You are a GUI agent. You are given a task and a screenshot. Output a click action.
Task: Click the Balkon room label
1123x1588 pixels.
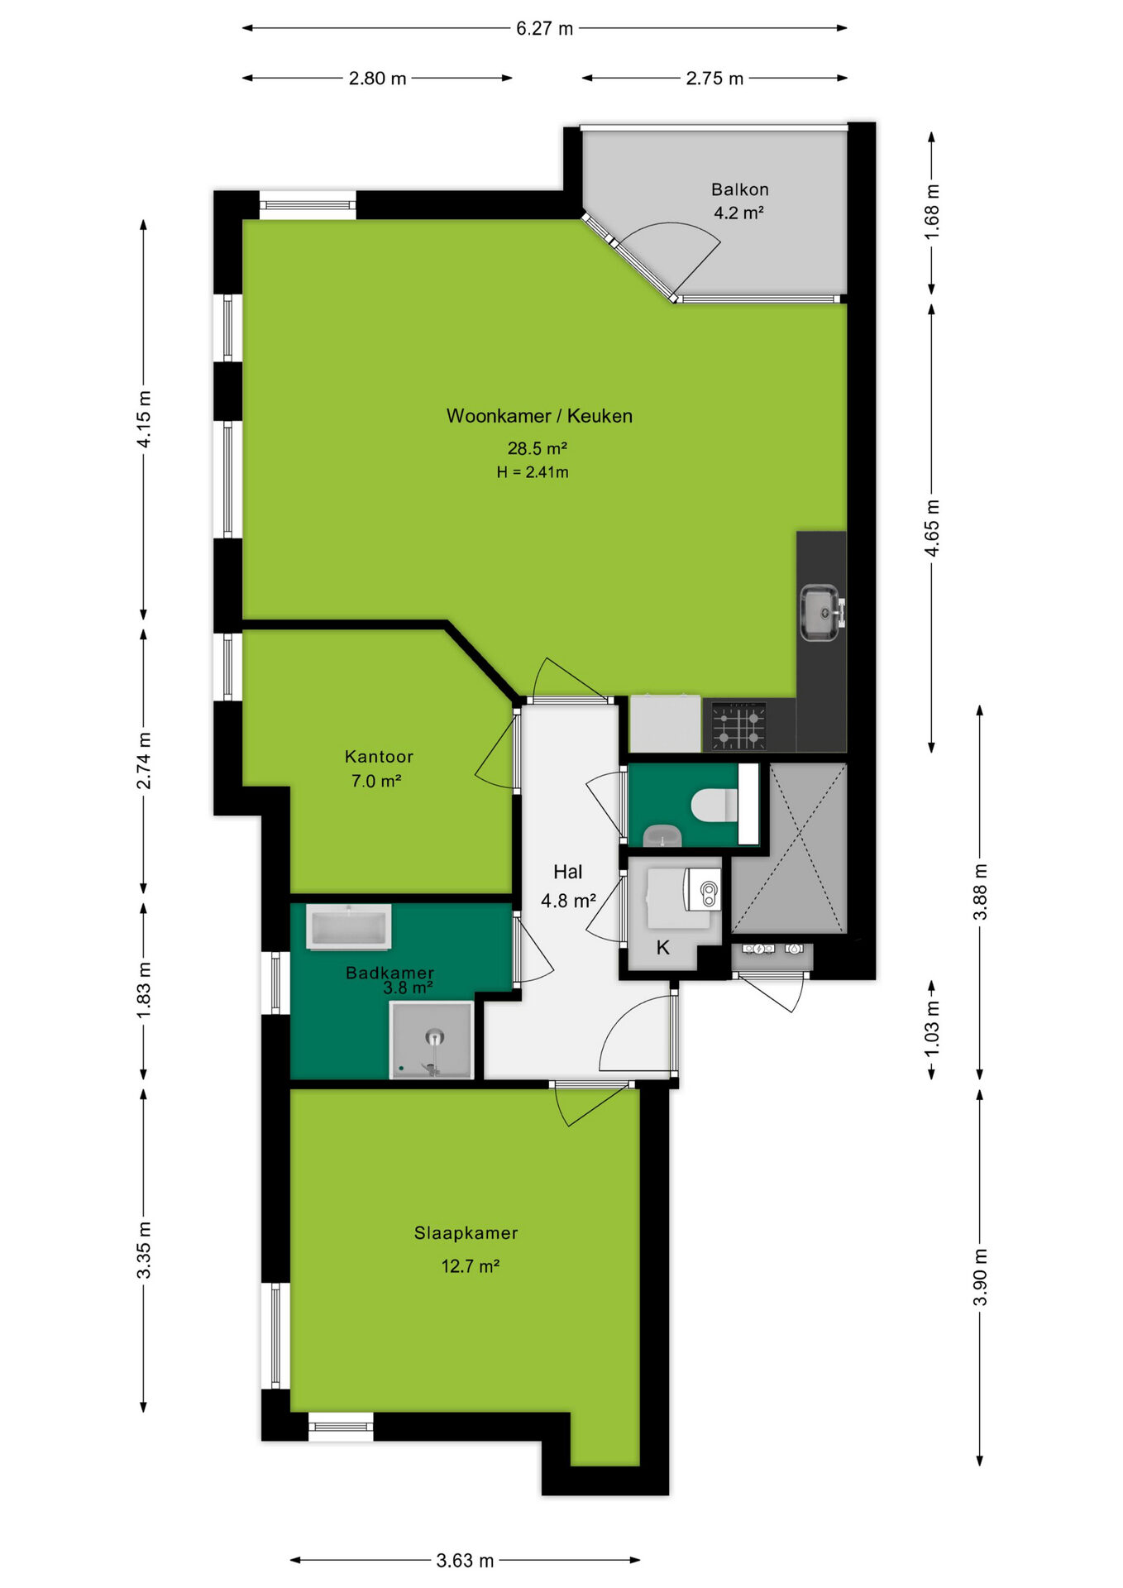[x=739, y=189]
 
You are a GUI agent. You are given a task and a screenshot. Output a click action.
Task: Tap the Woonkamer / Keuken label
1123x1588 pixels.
[x=539, y=416]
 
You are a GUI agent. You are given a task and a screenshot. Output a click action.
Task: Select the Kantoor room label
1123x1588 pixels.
[x=379, y=757]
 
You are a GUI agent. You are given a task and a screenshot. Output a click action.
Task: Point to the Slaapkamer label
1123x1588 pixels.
[x=466, y=1233]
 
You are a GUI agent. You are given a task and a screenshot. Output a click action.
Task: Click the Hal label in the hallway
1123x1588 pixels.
[x=568, y=872]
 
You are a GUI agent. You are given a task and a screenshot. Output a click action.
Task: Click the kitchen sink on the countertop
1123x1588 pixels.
[x=821, y=612]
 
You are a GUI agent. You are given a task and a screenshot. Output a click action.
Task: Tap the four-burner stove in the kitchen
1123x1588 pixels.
[x=738, y=726]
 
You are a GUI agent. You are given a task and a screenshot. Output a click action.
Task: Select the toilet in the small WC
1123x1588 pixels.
[x=714, y=805]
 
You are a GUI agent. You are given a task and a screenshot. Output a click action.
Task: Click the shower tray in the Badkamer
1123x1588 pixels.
[x=432, y=1040]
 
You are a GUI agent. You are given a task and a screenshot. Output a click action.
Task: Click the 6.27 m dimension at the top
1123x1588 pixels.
[x=544, y=28]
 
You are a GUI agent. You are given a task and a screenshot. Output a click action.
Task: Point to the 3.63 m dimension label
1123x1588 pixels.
[x=465, y=1561]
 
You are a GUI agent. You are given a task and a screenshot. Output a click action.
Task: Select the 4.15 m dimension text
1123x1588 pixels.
[x=144, y=419]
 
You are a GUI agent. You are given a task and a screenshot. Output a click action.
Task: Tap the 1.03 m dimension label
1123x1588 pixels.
[x=932, y=1028]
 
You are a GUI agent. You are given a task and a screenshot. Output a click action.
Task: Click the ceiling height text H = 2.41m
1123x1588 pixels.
[x=533, y=472]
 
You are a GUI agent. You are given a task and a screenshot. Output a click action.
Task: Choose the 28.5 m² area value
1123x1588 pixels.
[x=537, y=448]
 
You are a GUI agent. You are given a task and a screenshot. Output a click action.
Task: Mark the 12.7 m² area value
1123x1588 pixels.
[x=470, y=1266]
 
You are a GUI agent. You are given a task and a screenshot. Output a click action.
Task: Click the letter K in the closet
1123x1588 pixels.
[x=663, y=948]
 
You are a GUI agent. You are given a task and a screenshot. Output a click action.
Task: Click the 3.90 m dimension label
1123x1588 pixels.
[x=981, y=1277]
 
